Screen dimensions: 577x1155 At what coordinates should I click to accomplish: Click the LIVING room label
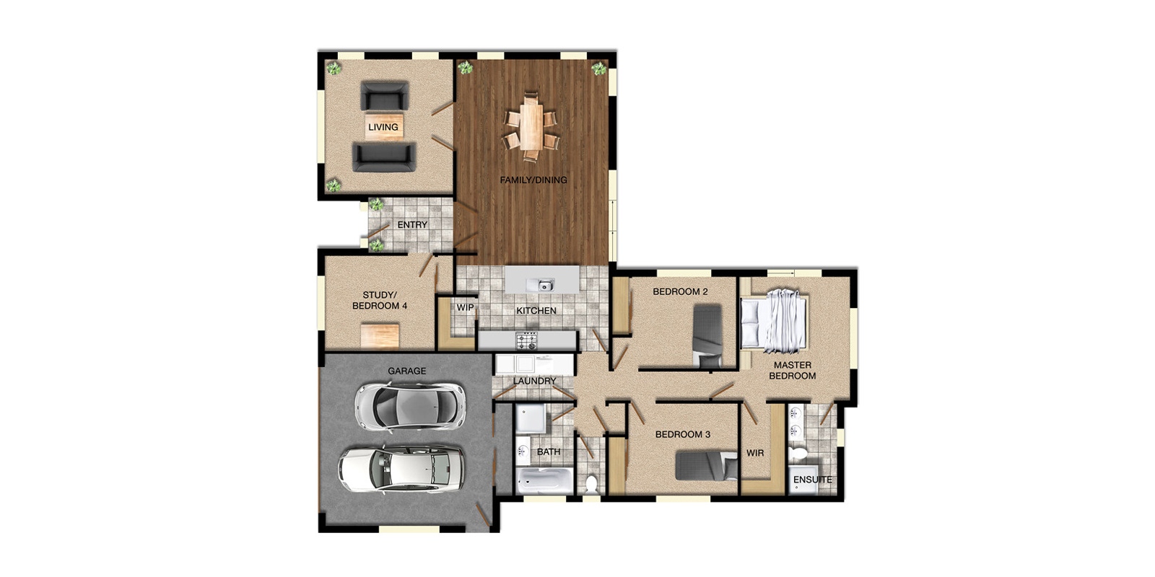pyautogui.click(x=383, y=127)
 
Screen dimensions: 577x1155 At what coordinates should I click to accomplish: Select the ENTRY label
pyautogui.click(x=412, y=225)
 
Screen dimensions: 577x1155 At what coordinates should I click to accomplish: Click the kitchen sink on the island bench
pyautogui.click(x=544, y=285)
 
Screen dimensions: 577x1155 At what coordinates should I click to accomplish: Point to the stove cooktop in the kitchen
pyautogui.click(x=527, y=338)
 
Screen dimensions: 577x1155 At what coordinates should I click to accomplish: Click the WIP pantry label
pyautogui.click(x=465, y=307)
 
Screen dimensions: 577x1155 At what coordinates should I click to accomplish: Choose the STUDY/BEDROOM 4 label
pyautogui.click(x=380, y=300)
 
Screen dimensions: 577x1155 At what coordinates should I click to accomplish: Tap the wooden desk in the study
pyautogui.click(x=380, y=335)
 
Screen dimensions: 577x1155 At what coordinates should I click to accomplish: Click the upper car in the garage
pyautogui.click(x=410, y=406)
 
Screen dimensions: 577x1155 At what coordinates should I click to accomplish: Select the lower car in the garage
pyautogui.click(x=401, y=470)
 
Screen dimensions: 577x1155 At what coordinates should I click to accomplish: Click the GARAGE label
pyautogui.click(x=406, y=371)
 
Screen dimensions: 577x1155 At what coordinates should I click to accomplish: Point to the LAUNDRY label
pyautogui.click(x=535, y=381)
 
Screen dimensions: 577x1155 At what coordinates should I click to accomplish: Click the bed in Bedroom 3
pyautogui.click(x=707, y=465)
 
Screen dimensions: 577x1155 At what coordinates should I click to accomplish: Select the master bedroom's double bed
pyautogui.click(x=774, y=320)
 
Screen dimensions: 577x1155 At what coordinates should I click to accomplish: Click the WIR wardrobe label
pyautogui.click(x=755, y=453)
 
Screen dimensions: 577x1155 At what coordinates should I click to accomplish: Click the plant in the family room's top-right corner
pyautogui.click(x=598, y=69)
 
